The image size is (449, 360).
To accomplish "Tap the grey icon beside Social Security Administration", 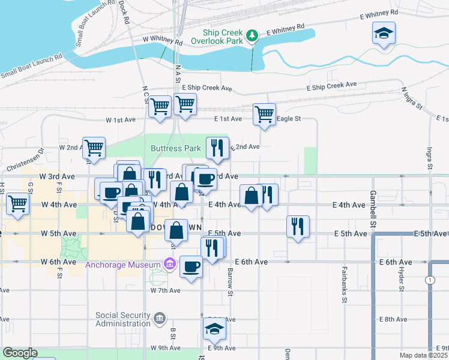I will click(x=160, y=318).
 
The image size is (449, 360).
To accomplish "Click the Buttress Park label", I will click(x=175, y=148).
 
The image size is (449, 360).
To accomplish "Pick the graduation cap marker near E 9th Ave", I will click(x=214, y=328).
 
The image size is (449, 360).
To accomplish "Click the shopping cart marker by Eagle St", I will click(x=264, y=113).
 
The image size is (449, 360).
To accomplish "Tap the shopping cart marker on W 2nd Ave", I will click(x=94, y=148).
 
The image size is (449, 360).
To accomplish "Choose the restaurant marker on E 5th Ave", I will click(x=298, y=226).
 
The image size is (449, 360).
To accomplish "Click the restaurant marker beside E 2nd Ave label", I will click(x=217, y=148).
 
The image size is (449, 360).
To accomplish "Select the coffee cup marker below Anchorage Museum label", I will click(x=191, y=266).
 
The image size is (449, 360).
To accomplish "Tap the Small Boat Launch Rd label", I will click(x=31, y=67).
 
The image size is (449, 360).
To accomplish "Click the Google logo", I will click(x=20, y=353).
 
